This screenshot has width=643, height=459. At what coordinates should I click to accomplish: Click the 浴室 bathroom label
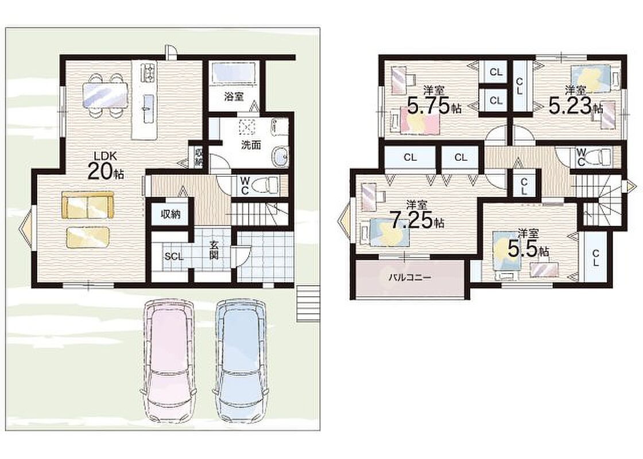point(234,97)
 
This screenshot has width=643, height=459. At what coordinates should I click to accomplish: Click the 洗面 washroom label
point(251,145)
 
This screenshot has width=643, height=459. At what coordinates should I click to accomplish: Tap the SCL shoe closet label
point(173,256)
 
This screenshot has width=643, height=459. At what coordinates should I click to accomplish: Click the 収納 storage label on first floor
point(170,214)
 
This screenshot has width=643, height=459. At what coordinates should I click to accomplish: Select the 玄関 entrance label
point(214,250)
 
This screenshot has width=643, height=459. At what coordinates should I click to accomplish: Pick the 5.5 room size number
point(522,248)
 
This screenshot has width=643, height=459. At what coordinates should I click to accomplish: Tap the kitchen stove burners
point(148,73)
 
